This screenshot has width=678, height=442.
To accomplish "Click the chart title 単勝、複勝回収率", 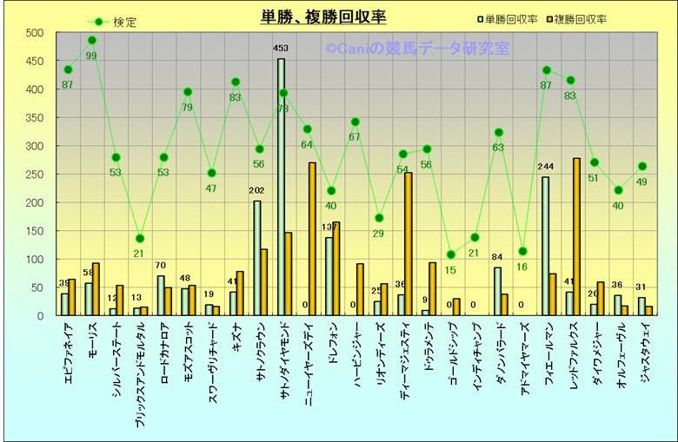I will (x=323, y=16).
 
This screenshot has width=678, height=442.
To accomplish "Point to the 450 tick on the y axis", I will (x=34, y=62).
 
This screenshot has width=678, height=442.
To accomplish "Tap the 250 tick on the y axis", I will (x=34, y=175).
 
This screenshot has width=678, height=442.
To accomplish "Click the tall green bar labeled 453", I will (x=281, y=187).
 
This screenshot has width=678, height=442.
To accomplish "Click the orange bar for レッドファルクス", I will (x=576, y=236).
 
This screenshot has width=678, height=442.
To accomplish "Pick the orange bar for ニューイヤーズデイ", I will (x=312, y=239).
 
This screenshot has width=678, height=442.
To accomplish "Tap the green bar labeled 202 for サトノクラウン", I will (x=257, y=258).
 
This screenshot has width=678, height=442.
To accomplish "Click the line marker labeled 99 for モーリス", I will (x=92, y=40).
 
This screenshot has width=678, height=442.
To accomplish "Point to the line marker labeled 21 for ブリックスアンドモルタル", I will (x=140, y=239).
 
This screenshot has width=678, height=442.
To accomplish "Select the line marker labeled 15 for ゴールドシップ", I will (x=450, y=254).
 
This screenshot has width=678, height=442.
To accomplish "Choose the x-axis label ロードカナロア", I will (x=163, y=356).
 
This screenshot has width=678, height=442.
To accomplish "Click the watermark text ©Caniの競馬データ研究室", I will (x=417, y=49).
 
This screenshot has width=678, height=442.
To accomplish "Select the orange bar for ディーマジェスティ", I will (x=408, y=244).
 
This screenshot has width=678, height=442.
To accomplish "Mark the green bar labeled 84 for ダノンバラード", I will (x=497, y=291).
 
